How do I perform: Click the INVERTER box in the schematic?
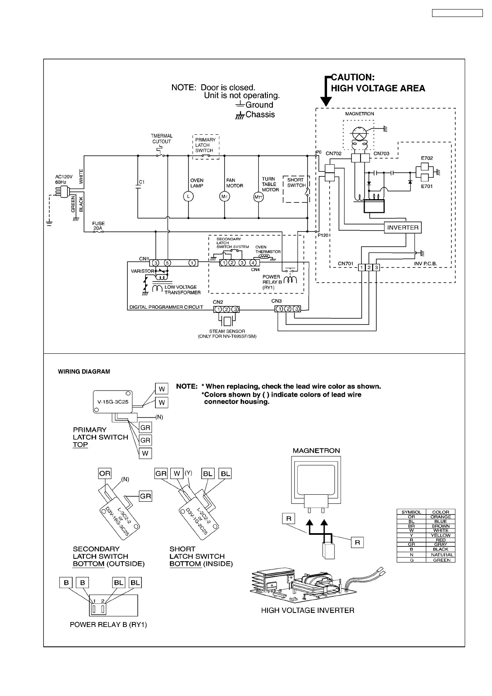(403, 228)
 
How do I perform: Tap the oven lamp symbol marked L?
(188, 197)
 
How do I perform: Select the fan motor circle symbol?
(225, 197)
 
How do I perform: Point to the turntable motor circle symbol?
(258, 197)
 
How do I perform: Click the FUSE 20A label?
(98, 226)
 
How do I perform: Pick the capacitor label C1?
(141, 182)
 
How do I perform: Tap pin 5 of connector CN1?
(167, 263)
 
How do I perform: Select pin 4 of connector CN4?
(253, 263)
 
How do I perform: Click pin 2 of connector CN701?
(369, 268)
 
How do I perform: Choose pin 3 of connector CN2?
(235, 309)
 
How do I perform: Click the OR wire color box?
(105, 474)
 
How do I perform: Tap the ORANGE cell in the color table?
(440, 517)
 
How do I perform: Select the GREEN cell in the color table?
(440, 560)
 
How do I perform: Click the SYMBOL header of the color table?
(411, 512)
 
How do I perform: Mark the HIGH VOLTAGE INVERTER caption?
(308, 610)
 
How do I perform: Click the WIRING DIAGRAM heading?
(84, 372)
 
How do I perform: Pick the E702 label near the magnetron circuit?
(427, 158)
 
